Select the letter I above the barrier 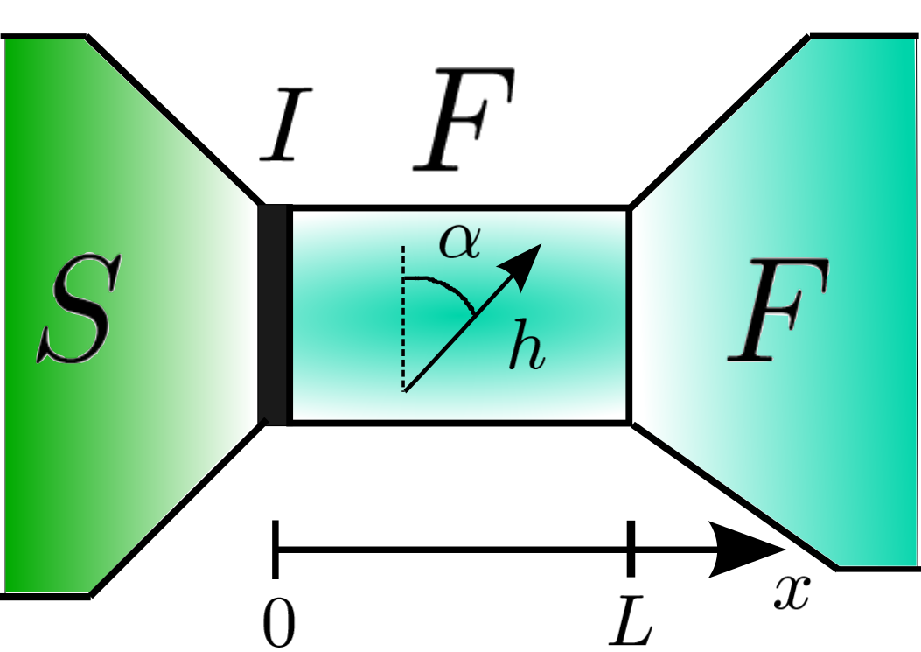point(286,130)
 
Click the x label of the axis point(792,594)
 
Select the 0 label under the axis point(279,623)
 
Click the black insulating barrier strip point(276,315)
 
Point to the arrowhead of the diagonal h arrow point(527,263)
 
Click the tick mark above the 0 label point(276,550)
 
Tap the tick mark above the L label point(631,550)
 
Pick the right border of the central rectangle point(629,315)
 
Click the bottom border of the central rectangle point(459,423)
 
